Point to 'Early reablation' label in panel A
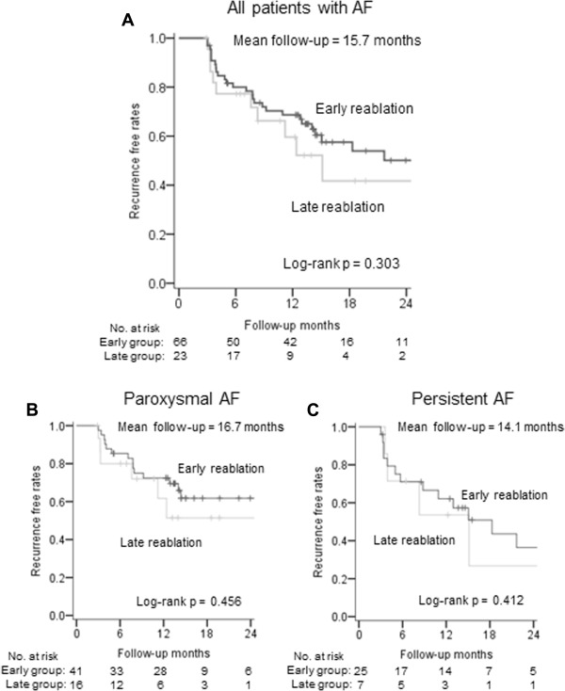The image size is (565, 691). tap(367, 109)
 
